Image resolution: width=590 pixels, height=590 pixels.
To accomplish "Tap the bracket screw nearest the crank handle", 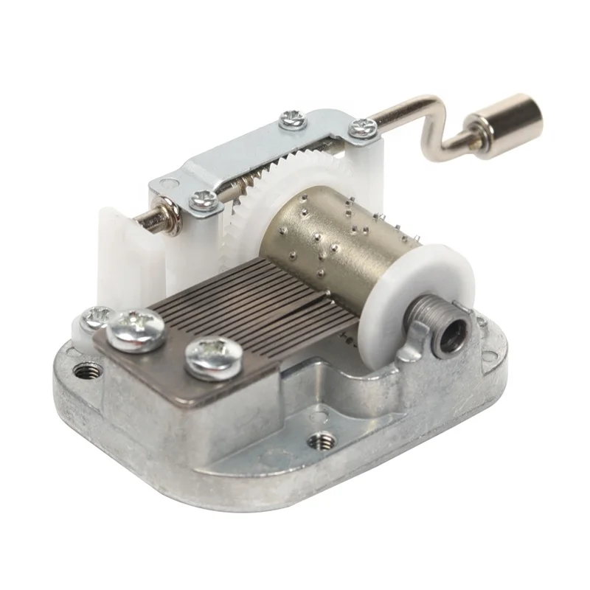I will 362,128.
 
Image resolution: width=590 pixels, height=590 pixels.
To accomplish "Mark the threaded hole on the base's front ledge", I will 319,442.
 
